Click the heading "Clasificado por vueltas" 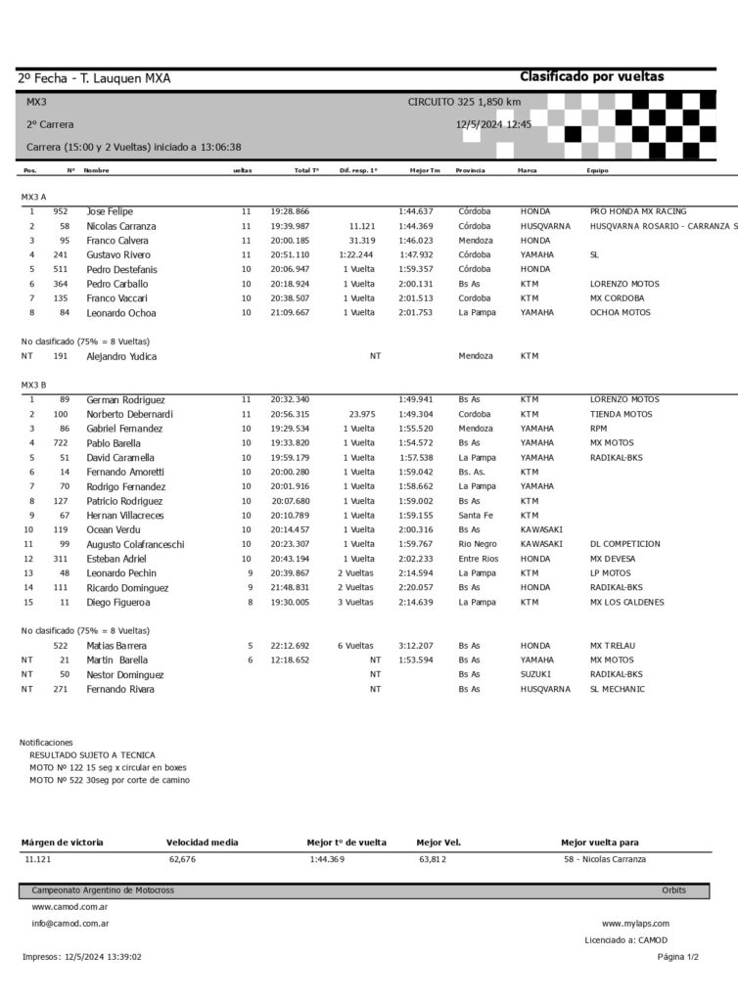(x=591, y=76)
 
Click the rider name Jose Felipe (x=110, y=211)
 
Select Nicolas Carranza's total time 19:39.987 (x=290, y=226)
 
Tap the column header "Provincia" (x=470, y=170)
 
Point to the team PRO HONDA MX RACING (x=638, y=211)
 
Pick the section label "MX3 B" (x=34, y=385)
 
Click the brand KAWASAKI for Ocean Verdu (x=541, y=529)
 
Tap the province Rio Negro (x=477, y=544)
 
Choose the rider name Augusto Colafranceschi (x=135, y=544)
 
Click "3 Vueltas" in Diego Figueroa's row (x=356, y=602)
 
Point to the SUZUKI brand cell (x=535, y=674)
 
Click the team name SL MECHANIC (x=618, y=689)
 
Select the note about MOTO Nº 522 (x=110, y=780)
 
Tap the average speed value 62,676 (x=182, y=859)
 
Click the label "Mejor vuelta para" (x=599, y=843)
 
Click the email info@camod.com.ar (x=69, y=923)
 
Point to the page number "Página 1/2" (x=678, y=957)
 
